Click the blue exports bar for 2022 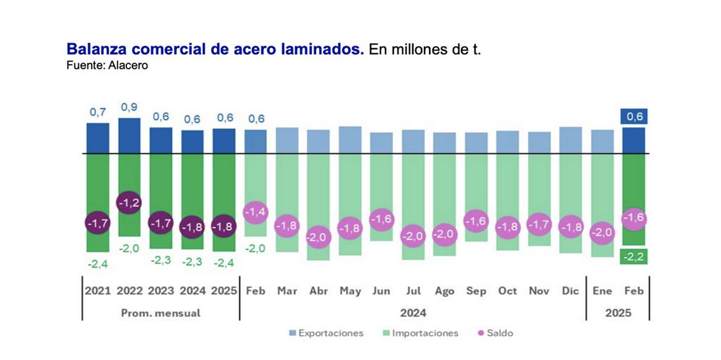coord(129,136)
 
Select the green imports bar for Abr coord(319,185)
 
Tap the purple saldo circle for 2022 coord(129,203)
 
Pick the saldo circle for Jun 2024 coord(381,219)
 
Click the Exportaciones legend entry coord(326,333)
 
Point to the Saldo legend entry coord(496,333)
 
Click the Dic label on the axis coord(570,291)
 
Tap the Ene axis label coord(602,291)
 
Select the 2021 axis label coord(97,291)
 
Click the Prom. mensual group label coord(160,313)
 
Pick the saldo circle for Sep coord(476,221)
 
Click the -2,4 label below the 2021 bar coord(97,264)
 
